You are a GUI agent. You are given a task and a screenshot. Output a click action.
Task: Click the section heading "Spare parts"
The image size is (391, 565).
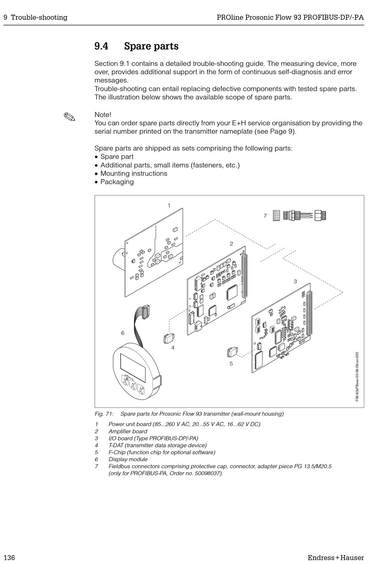point(151,46)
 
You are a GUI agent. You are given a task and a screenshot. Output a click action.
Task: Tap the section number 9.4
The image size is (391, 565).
point(101,46)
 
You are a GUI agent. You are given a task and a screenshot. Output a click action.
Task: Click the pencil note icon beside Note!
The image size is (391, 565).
point(70,117)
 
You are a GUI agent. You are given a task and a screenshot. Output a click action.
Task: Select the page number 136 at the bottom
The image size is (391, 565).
point(9,558)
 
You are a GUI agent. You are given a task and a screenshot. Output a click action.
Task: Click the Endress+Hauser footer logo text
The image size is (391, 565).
point(335,558)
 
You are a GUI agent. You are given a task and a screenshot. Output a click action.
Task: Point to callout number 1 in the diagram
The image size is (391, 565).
point(169,205)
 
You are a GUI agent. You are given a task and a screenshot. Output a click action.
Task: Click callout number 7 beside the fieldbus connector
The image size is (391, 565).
point(265,216)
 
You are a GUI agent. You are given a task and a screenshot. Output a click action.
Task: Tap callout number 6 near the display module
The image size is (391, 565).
point(123,333)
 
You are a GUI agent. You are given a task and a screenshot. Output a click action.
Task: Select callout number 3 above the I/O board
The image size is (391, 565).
point(295,281)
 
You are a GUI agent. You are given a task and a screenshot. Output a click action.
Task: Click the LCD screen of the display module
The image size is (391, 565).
point(133,367)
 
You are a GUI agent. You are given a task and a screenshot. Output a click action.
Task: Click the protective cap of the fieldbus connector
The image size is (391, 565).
point(277,215)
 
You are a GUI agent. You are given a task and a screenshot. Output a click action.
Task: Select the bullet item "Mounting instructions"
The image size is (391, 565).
point(134,174)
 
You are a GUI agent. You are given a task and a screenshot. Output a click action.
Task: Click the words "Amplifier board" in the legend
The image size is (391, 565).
point(128,431)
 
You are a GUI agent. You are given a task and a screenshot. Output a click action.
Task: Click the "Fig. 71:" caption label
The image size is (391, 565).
point(104,414)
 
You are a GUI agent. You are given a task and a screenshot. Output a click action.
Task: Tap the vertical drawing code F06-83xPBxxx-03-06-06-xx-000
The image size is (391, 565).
point(357,376)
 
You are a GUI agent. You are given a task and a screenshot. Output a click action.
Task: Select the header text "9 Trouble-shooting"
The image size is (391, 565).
point(35,17)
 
